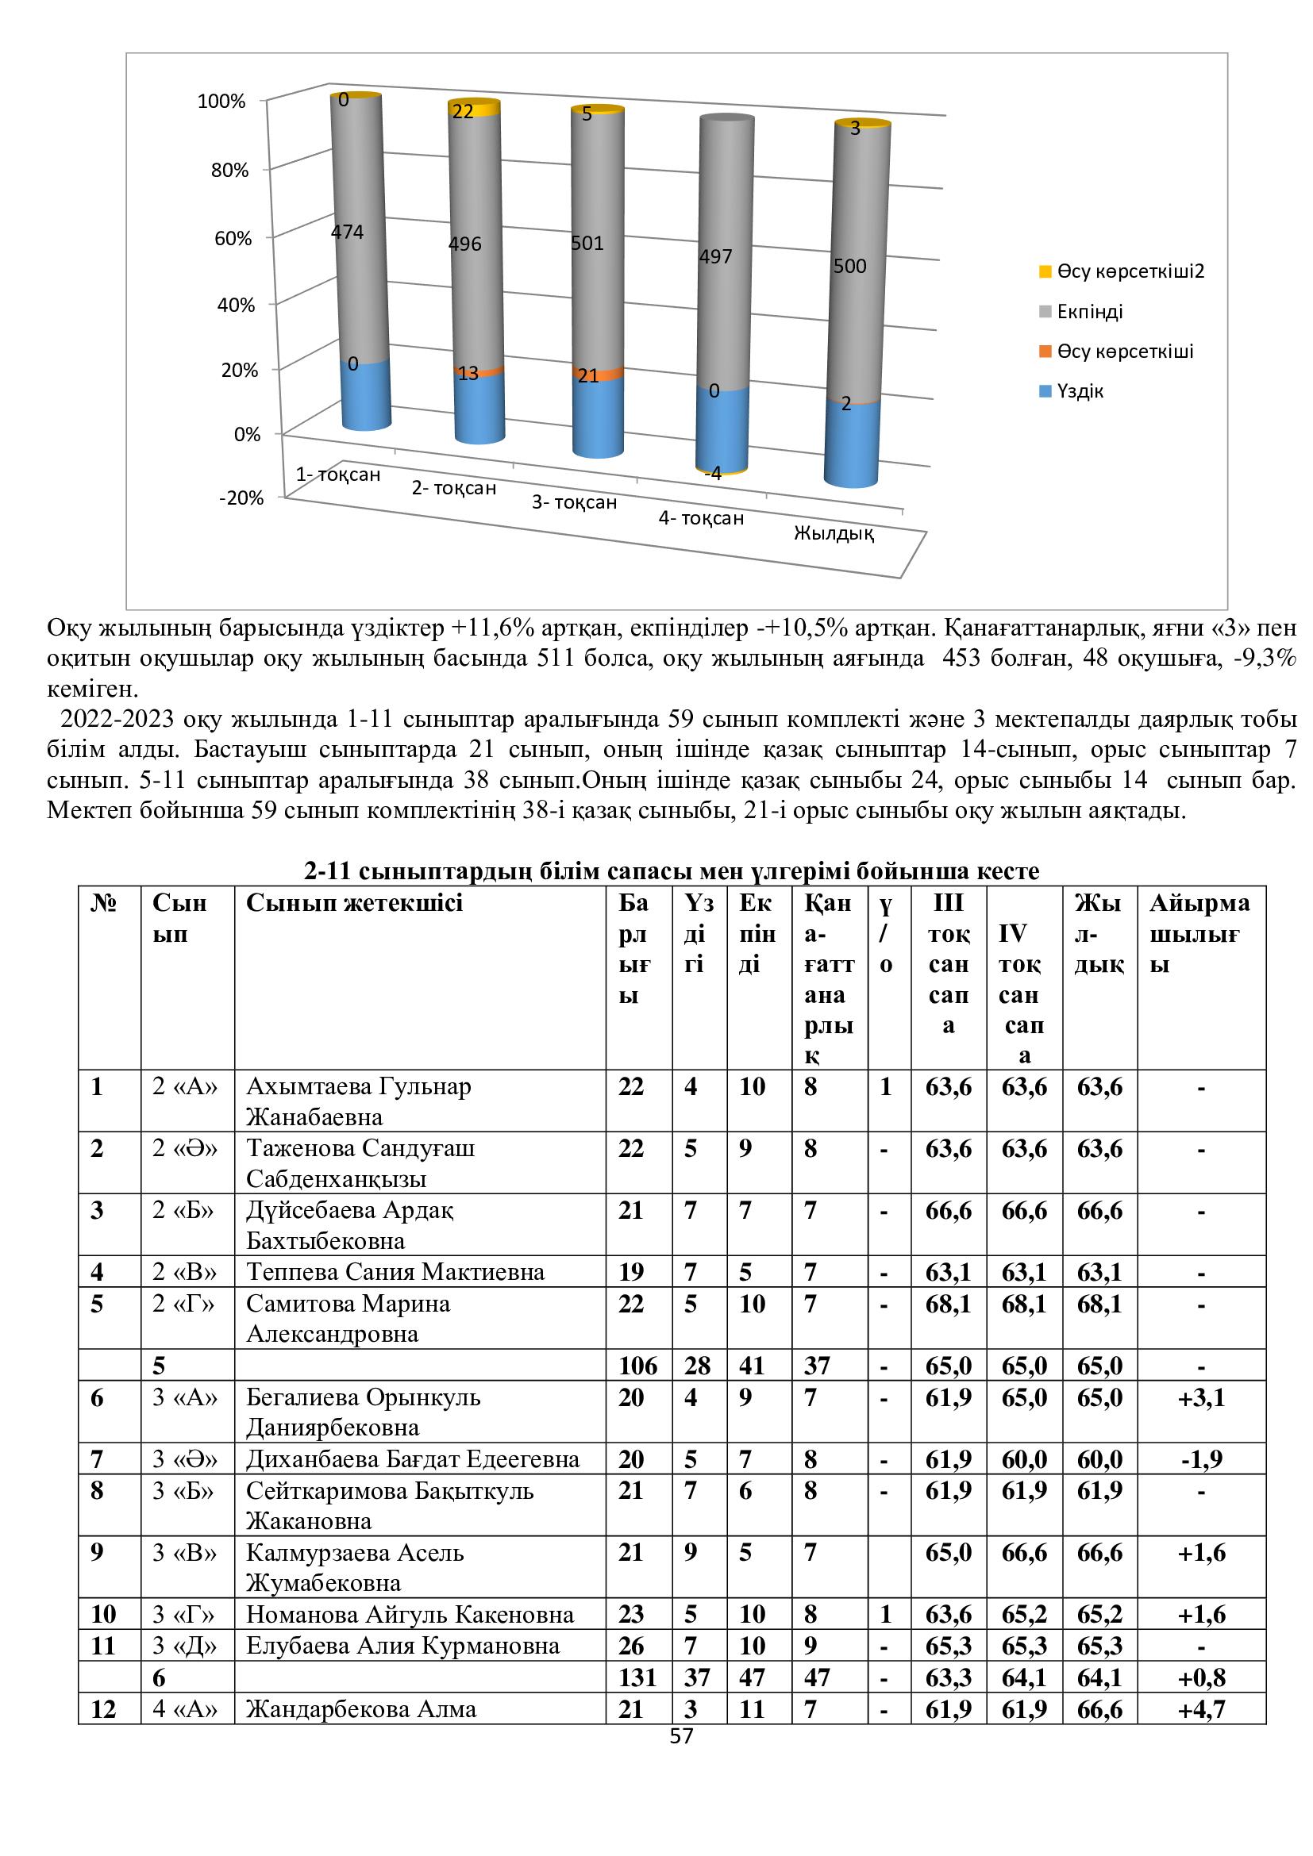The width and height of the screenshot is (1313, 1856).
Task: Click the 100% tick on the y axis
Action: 221,102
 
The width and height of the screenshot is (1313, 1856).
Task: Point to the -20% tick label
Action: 241,498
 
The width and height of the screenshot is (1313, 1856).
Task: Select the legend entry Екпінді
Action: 1089,312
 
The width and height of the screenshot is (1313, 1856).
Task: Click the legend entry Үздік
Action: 1080,391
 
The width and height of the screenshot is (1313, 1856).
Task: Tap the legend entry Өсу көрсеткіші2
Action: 1130,271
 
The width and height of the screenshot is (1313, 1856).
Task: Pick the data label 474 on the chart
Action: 348,232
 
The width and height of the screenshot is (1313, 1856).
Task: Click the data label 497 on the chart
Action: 715,257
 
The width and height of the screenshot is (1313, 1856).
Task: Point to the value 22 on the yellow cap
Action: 463,112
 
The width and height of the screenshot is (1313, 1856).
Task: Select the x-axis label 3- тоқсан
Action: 574,503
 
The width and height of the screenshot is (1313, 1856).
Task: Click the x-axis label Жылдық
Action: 834,533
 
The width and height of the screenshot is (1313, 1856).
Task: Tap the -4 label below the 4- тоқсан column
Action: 712,474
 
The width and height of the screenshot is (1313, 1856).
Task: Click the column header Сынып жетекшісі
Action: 354,903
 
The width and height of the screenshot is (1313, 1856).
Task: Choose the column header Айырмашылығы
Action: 1199,934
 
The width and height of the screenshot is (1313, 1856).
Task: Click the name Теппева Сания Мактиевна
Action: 395,1271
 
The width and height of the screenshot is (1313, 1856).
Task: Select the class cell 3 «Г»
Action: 184,1614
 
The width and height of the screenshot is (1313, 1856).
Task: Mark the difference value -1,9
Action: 1201,1459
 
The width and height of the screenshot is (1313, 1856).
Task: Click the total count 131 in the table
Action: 637,1677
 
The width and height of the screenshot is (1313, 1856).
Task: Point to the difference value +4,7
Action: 1201,1709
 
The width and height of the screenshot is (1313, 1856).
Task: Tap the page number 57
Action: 682,1736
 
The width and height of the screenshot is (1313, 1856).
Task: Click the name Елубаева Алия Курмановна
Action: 402,1646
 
